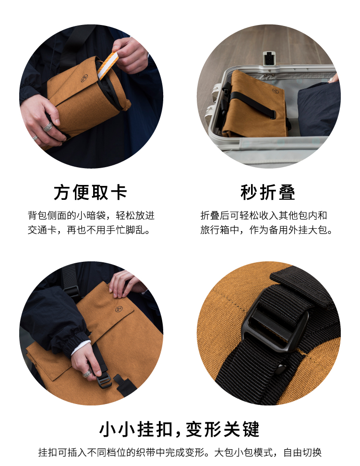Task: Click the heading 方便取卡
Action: click(91, 192)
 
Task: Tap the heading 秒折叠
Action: click(268, 192)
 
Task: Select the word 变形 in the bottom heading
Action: click(204, 429)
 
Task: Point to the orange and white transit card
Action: click(108, 65)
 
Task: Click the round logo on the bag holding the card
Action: click(84, 78)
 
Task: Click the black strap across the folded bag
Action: click(252, 104)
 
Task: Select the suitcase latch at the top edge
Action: click(269, 58)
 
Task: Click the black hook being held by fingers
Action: click(104, 380)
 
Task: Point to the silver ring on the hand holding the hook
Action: click(87, 374)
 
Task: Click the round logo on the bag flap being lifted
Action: click(119, 310)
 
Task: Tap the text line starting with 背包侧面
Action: click(91, 215)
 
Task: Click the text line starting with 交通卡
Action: click(89, 230)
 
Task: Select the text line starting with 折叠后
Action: click(264, 215)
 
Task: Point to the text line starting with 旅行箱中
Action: click(266, 230)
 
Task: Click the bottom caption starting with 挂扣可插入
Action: click(180, 453)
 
